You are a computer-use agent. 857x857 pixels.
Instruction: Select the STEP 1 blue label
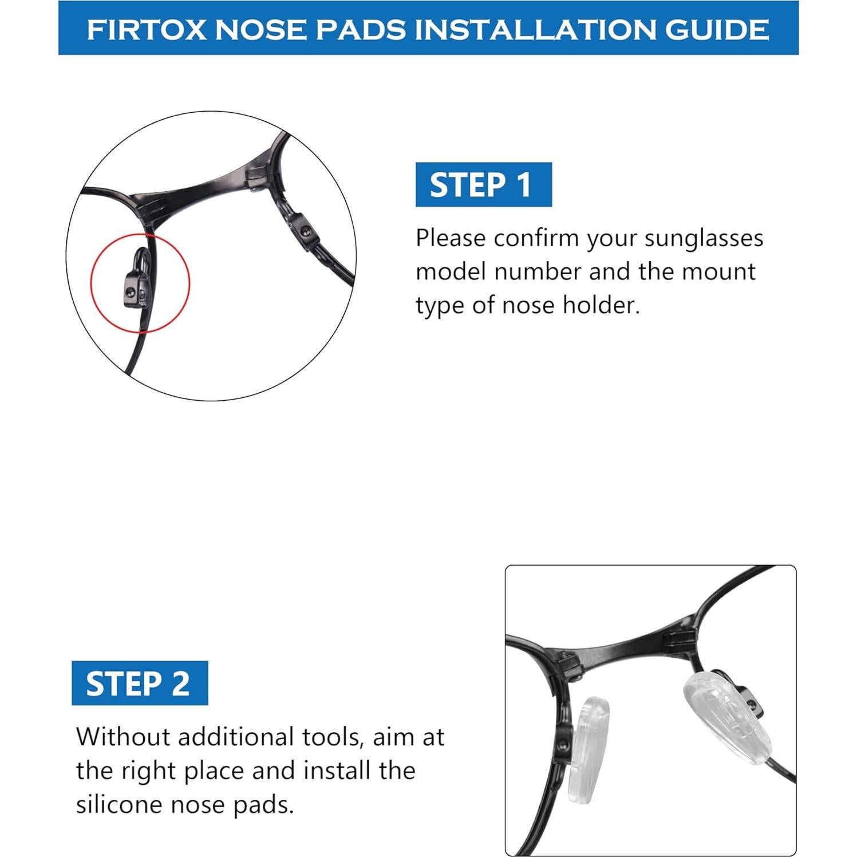coord(483,185)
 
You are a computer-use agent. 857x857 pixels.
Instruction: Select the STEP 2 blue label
coord(139,684)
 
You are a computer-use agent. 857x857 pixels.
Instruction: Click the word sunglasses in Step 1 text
coord(704,238)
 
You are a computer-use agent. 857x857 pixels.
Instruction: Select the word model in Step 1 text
coord(451,271)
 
